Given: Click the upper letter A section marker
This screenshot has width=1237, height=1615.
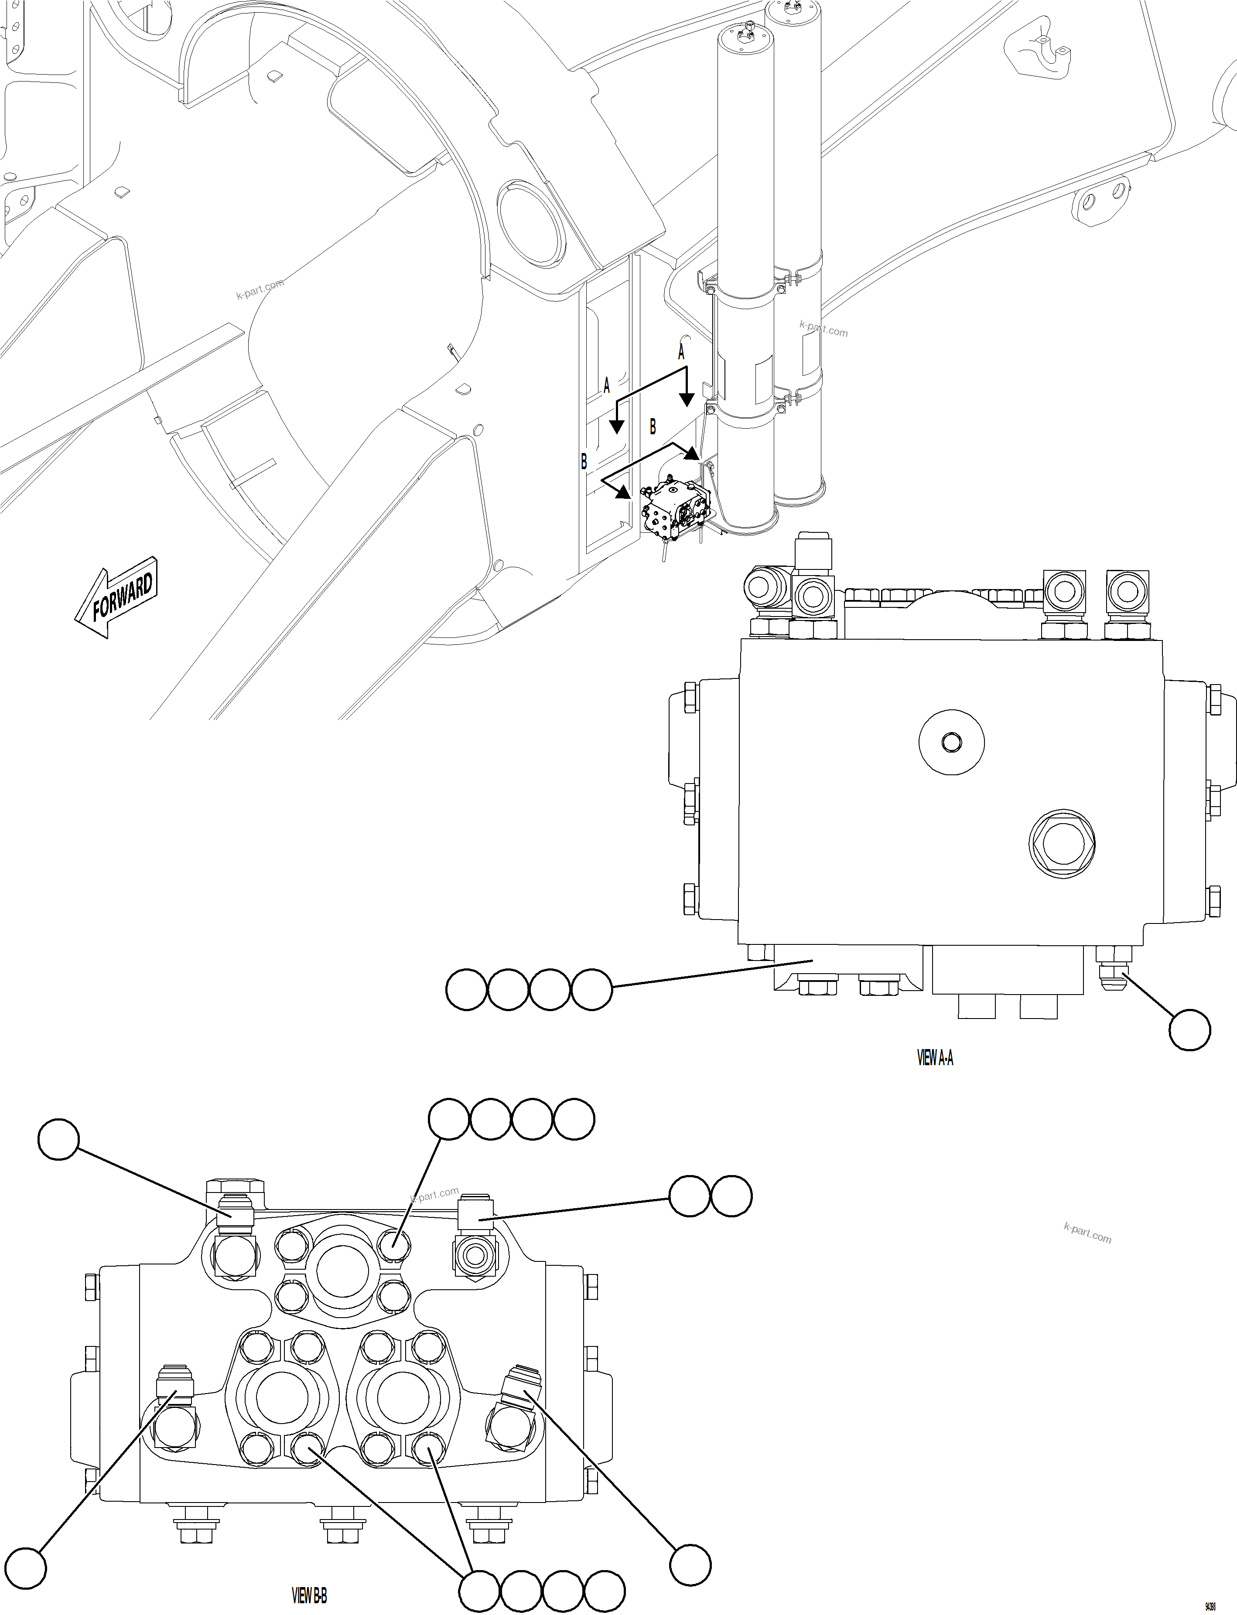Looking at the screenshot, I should tap(681, 353).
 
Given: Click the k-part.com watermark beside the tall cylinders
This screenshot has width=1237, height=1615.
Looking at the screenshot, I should tap(823, 329).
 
